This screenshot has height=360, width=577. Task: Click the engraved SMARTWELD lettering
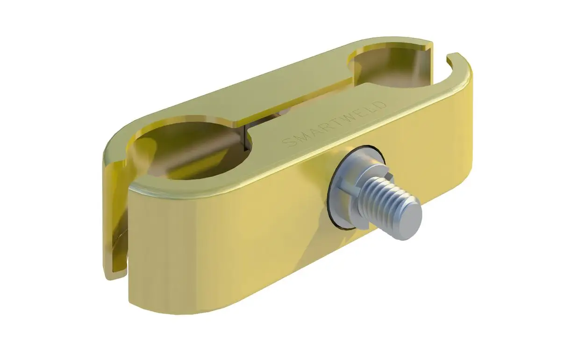point(335,124)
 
